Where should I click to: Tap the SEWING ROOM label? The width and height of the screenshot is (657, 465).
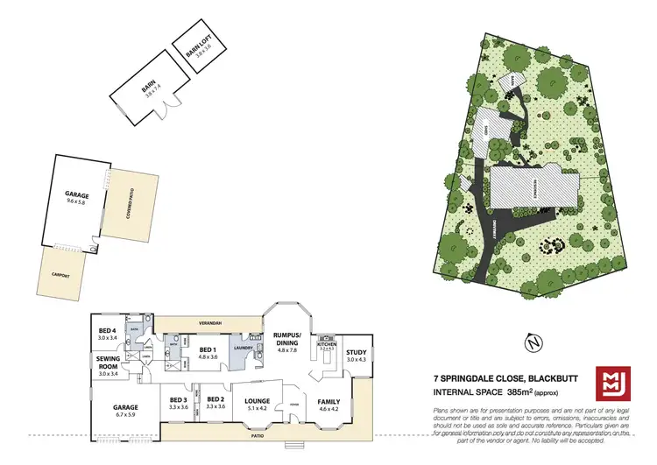(x=108, y=365)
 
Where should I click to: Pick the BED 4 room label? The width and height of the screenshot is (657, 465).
(x=108, y=332)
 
